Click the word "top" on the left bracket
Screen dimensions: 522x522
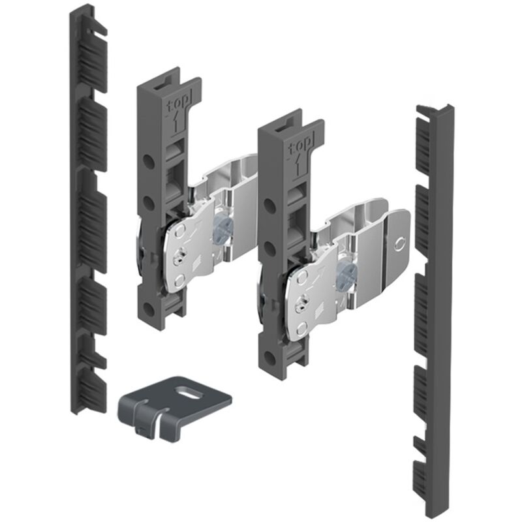[179, 102]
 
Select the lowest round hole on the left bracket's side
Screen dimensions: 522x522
[148, 309]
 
